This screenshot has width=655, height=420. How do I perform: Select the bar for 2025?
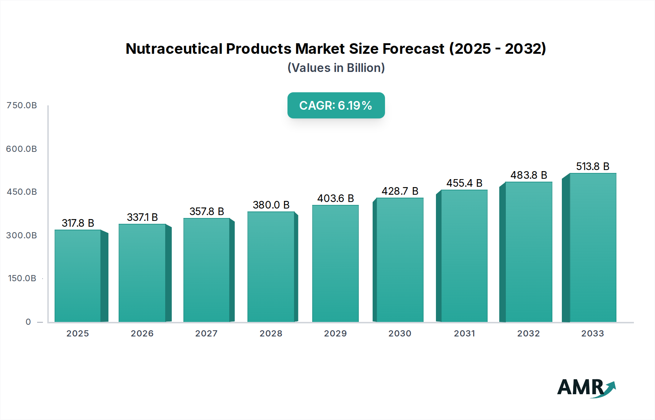point(78,276)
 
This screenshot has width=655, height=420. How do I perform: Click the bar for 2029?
point(335,264)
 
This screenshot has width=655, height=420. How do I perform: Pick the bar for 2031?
point(464,256)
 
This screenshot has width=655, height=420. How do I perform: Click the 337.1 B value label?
point(142,217)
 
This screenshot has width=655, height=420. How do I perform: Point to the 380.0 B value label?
point(271,205)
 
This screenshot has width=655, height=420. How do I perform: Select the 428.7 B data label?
point(400,191)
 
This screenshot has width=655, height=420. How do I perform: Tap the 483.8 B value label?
point(529,175)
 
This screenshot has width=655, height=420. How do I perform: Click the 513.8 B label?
point(592,166)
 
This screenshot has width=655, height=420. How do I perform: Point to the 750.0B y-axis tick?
point(22,105)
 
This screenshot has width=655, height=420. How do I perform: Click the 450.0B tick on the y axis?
point(22,192)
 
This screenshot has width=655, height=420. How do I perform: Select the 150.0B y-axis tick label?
point(22,278)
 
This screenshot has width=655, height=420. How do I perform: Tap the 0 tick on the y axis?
point(28,322)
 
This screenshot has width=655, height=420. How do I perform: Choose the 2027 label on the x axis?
point(206,334)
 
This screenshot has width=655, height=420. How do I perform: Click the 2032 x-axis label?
point(528,334)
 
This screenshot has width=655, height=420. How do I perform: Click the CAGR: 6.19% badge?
point(336,105)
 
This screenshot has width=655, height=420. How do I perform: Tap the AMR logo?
point(586,387)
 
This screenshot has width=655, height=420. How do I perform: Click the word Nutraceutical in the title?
point(174,49)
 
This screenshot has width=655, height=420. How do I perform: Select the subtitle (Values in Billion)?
point(336,68)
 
